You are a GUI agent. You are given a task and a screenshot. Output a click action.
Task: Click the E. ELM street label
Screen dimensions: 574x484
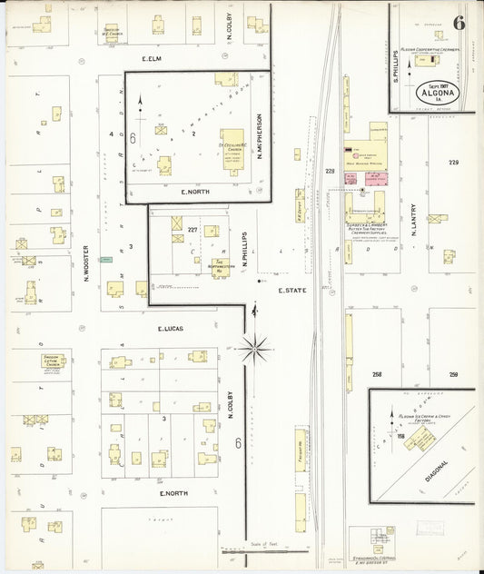[x=151, y=59]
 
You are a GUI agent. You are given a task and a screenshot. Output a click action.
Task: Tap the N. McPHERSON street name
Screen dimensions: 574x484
[x=259, y=132]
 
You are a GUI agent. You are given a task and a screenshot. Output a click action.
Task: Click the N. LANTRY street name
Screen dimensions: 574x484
[x=413, y=220]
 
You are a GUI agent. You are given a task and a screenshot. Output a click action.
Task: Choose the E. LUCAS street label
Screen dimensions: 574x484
[x=172, y=329]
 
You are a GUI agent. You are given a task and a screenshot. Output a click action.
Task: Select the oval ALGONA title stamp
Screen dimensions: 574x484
[x=437, y=94]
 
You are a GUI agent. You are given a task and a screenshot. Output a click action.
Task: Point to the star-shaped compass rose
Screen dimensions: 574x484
[x=255, y=345]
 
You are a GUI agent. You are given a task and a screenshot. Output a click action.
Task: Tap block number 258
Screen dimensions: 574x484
[x=377, y=374]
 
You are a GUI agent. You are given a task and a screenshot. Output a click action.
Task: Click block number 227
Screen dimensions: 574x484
[x=193, y=230]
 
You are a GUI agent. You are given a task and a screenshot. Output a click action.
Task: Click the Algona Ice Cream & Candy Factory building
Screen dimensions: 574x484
[x=420, y=439]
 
